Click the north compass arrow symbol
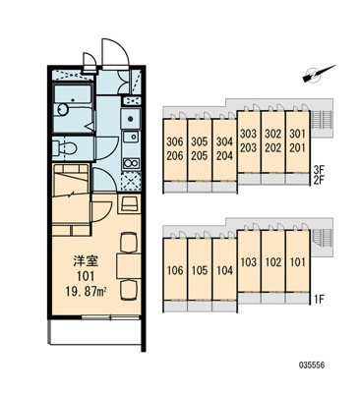coord(319,74)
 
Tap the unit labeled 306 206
coord(175,149)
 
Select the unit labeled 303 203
coord(249,141)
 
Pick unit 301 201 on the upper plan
coord(297,141)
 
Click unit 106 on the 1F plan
coord(175,269)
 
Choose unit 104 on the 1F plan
coord(224,269)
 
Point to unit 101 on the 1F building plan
coord(297,261)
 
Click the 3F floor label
coord(319,170)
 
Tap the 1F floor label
coord(319,299)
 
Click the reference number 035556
coord(312,365)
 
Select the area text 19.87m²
coord(88,291)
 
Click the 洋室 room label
coord(86,261)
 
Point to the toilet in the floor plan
coord(65,148)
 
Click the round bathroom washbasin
coord(63,109)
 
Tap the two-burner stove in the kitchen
coord(131,162)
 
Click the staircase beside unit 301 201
coord(322,120)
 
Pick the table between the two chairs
coord(129,265)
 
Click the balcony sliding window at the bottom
coord(111,317)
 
